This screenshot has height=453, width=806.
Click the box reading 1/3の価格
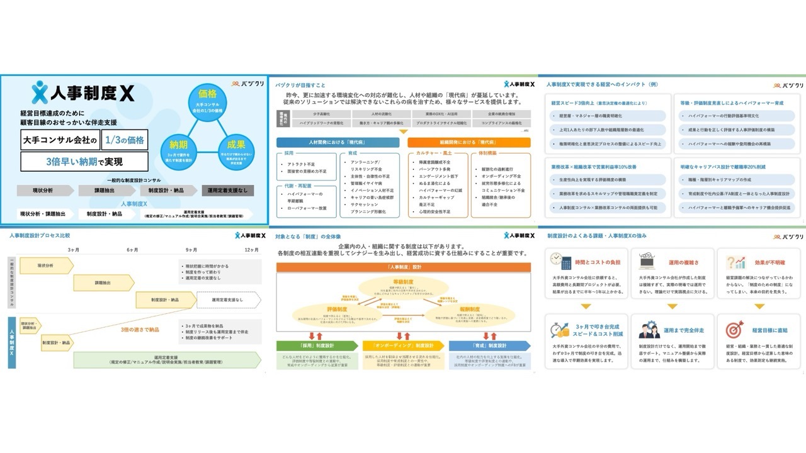tap(125, 140)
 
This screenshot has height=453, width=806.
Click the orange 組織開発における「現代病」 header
tap(468, 142)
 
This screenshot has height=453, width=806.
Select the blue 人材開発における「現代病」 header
tap(338, 142)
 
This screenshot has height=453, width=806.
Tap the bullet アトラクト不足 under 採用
tap(300, 164)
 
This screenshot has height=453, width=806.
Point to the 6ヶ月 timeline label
tap(132, 250)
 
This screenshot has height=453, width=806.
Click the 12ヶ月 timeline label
tap(251, 250)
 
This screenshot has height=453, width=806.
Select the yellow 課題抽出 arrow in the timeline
tap(104, 282)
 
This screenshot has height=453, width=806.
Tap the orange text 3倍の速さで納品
tap(140, 329)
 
